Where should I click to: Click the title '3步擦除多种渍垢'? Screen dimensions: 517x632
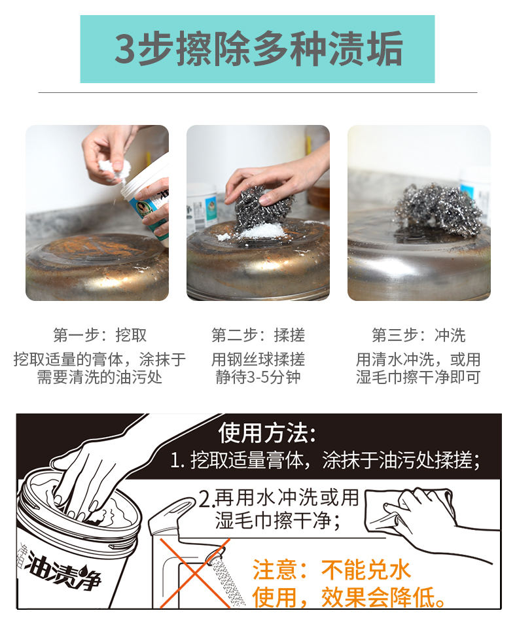[x=258, y=49]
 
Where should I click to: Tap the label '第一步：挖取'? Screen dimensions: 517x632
[x=99, y=335]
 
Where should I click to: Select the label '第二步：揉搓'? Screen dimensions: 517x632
[x=258, y=335]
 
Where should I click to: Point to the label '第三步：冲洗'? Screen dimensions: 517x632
[x=418, y=335]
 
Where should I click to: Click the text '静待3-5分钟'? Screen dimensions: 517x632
[x=258, y=377]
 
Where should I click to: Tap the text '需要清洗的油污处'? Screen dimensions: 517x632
[x=99, y=377]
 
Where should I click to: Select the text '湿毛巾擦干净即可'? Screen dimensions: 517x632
[x=418, y=377]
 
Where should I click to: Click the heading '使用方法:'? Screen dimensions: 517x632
[x=267, y=433]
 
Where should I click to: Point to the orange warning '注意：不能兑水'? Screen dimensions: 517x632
[x=332, y=570]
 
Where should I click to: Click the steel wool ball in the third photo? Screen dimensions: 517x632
[x=438, y=211]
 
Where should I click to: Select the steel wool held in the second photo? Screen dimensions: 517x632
[x=262, y=207]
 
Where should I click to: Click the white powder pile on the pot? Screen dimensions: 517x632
[x=258, y=232]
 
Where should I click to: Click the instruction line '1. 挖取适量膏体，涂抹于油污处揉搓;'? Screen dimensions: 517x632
[x=325, y=460]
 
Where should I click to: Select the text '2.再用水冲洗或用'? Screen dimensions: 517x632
[x=279, y=499]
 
